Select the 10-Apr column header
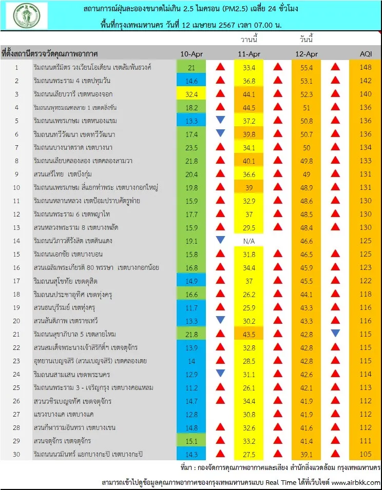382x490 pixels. [192, 54]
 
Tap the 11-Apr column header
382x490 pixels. [249, 54]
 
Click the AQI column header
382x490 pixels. [366, 54]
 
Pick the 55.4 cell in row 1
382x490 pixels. [307, 68]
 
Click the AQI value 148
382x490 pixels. [366, 67]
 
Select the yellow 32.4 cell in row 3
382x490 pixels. [192, 94]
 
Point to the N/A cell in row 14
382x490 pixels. [249, 241]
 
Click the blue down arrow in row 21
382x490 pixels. [335, 333]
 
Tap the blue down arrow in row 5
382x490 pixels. [220, 120]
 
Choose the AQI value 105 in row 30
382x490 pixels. [366, 454]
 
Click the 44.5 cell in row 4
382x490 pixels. [249, 108]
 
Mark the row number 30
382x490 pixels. [16, 454]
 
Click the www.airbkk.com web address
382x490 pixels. [356, 482]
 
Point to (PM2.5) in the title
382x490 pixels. [235, 9]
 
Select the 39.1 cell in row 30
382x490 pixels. [307, 455]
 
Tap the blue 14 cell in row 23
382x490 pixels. [192, 361]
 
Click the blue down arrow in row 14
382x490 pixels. [220, 240]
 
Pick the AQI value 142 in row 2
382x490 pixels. [366, 81]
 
